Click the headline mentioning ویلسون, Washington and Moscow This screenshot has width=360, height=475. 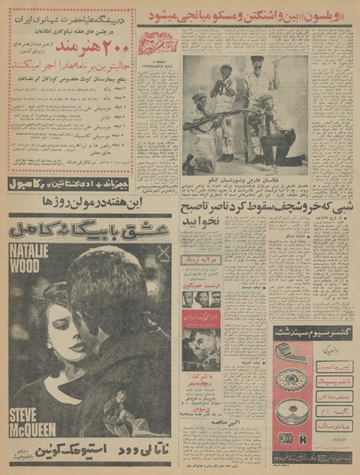(x=247, y=16)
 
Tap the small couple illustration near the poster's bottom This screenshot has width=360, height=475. (x=118, y=417)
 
